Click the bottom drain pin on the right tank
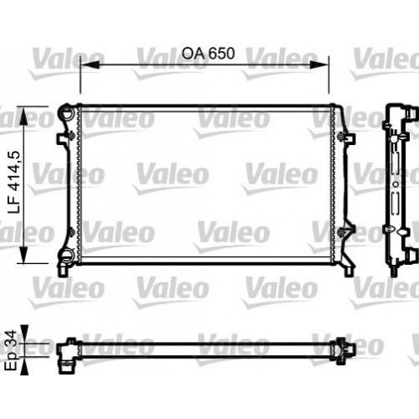coord(346,271)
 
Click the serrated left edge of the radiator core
coord(79,184)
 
